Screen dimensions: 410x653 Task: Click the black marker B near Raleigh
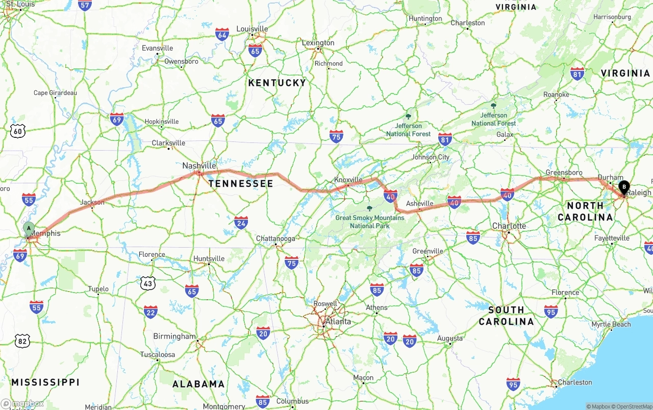click(x=624, y=187)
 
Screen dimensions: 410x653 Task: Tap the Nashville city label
click(x=199, y=166)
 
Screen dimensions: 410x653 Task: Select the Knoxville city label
click(x=348, y=180)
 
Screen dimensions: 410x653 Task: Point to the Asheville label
click(x=419, y=204)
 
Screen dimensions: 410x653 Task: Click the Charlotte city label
click(x=509, y=226)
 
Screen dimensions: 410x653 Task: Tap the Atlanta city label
click(x=338, y=322)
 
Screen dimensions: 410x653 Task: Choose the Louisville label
click(x=252, y=29)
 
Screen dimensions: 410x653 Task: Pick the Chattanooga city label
click(x=275, y=238)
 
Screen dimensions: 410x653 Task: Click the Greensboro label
click(x=564, y=173)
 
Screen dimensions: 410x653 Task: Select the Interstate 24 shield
click(x=241, y=222)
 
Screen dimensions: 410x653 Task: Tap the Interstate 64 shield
click(x=222, y=35)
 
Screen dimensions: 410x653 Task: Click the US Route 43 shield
click(x=148, y=282)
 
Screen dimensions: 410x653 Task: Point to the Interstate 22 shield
click(x=150, y=312)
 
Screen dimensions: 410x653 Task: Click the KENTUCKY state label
click(x=277, y=83)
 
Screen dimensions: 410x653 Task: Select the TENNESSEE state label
click(x=241, y=183)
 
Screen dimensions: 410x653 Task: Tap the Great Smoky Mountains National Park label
click(x=370, y=222)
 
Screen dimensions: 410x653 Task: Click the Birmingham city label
click(x=174, y=336)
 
